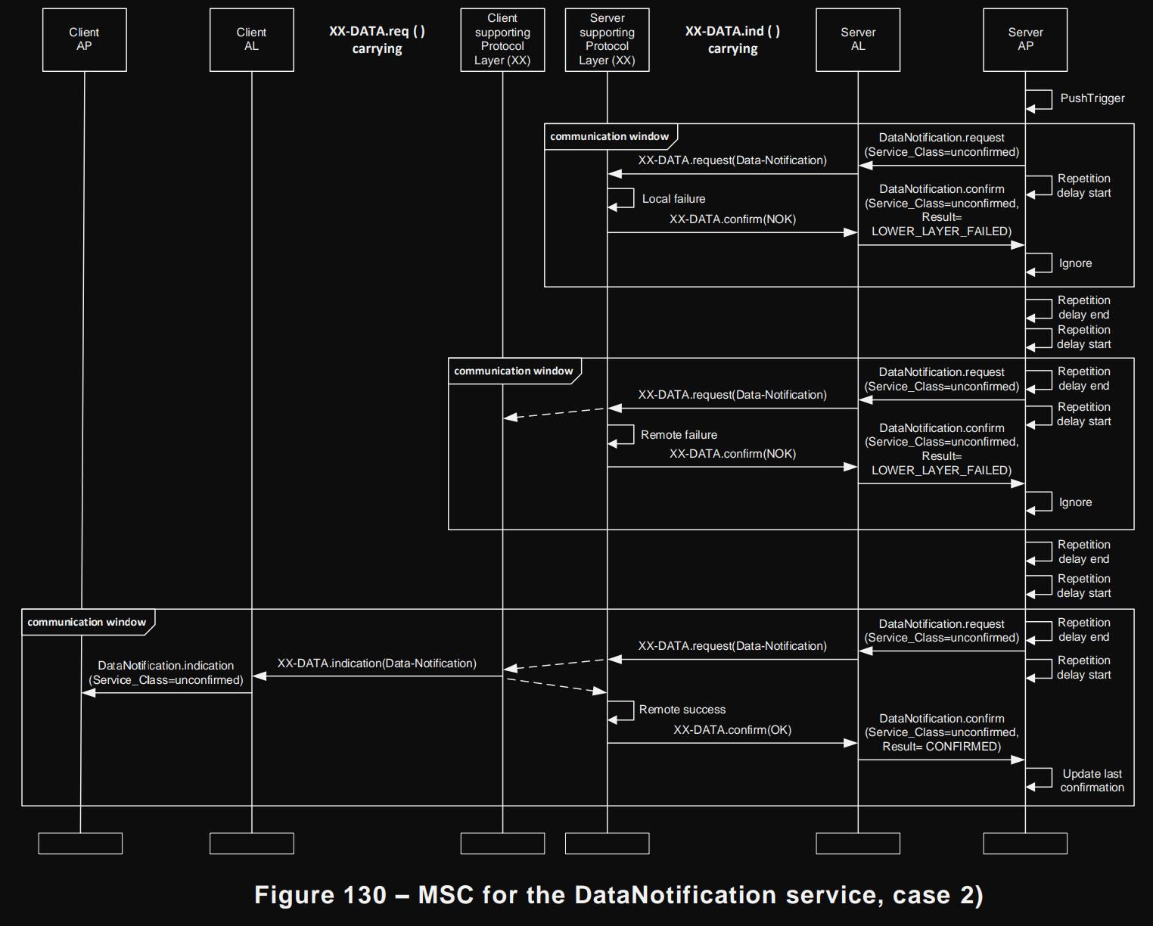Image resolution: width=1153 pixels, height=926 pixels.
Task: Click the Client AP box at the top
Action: (x=84, y=39)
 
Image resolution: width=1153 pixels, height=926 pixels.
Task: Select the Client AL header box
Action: (x=251, y=39)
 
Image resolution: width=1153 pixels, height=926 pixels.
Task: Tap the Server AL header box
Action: (x=857, y=39)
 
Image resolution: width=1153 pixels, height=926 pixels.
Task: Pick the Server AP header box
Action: (x=1025, y=39)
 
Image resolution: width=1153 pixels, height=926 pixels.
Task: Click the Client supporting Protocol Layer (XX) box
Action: (x=502, y=39)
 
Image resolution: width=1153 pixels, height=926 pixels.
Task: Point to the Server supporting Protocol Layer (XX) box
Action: (x=607, y=39)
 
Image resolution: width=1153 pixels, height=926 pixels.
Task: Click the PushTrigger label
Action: (x=1092, y=98)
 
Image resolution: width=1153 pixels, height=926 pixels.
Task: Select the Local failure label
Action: (x=673, y=199)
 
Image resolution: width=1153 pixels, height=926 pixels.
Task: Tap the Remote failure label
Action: (x=679, y=435)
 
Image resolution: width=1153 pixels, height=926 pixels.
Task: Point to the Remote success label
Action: (x=682, y=710)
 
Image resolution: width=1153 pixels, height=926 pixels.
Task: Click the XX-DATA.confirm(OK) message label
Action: (x=732, y=730)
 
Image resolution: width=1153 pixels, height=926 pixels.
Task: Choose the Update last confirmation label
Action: (x=1092, y=781)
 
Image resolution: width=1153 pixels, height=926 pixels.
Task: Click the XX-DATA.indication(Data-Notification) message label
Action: (x=377, y=663)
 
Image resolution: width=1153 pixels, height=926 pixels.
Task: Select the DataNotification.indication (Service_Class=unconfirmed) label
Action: (x=166, y=673)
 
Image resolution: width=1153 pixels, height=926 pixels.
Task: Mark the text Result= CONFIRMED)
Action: (x=941, y=747)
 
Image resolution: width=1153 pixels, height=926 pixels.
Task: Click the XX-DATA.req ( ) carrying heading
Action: (x=377, y=39)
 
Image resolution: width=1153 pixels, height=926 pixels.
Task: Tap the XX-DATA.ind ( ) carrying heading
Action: (x=732, y=39)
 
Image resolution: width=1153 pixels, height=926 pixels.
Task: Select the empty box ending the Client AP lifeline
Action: (x=80, y=844)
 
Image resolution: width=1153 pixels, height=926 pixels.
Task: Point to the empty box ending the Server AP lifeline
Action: (x=1025, y=844)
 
